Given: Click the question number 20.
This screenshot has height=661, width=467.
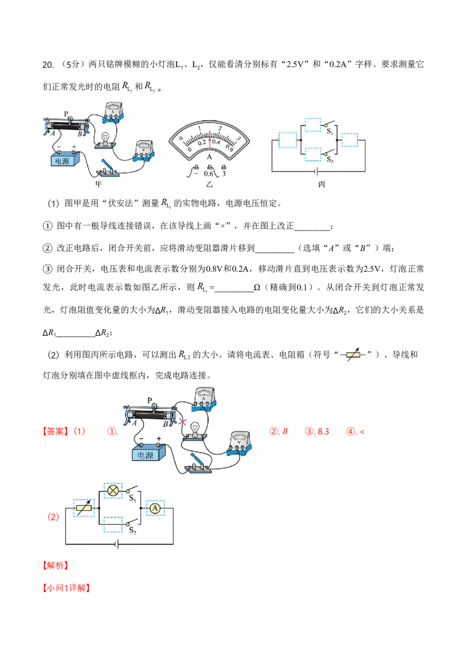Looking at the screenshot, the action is (48, 64).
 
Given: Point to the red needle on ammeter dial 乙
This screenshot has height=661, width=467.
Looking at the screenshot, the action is (209, 138).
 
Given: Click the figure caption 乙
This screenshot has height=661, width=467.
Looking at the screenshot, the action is (209, 184).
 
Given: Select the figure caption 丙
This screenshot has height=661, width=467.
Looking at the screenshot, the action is (322, 184).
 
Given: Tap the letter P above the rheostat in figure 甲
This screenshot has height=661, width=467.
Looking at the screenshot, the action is (66, 114).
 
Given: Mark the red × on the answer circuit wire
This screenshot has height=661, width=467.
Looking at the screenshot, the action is (183, 421).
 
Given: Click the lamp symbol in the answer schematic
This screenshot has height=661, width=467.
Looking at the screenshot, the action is (113, 490).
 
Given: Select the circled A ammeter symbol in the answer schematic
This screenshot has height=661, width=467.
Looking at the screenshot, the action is (155, 509).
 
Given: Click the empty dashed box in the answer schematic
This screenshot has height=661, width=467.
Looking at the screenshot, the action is (113, 524).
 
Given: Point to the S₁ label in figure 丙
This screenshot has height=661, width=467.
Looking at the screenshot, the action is (330, 131).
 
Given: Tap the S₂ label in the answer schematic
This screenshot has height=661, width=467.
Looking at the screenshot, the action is (133, 530).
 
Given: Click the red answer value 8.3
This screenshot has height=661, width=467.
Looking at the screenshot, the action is (323, 432).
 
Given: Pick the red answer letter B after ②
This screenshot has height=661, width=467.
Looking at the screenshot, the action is (285, 432).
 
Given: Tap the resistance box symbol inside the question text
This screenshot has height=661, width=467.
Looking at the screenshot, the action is (353, 355).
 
